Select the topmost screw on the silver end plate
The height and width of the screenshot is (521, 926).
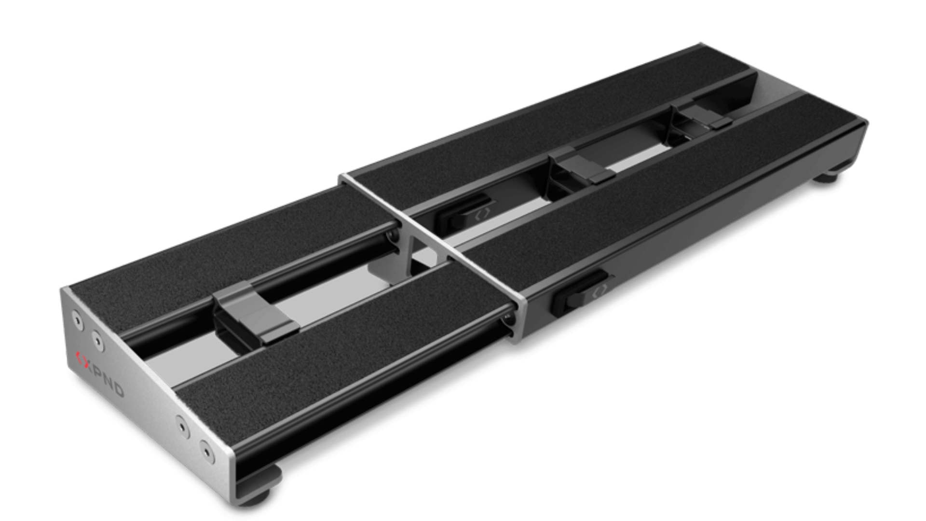77,320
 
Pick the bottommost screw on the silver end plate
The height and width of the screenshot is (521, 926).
207,452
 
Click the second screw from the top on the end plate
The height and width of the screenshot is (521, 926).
98,342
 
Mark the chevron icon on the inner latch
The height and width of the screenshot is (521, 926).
482,214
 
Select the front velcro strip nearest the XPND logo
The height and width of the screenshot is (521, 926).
338,352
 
